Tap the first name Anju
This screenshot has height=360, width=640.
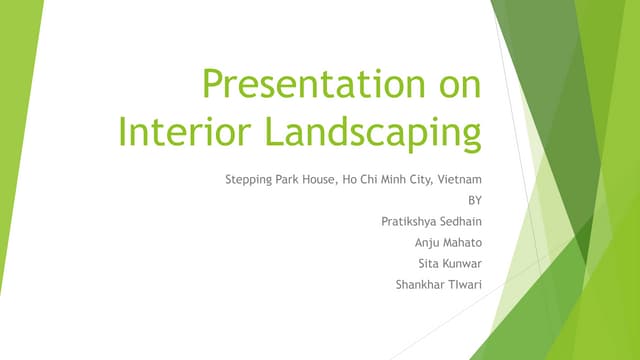tap(428, 243)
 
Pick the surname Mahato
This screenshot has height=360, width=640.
tap(465, 243)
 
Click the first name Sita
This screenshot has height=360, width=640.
tap(429, 264)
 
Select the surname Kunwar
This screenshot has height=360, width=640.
tap(464, 264)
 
